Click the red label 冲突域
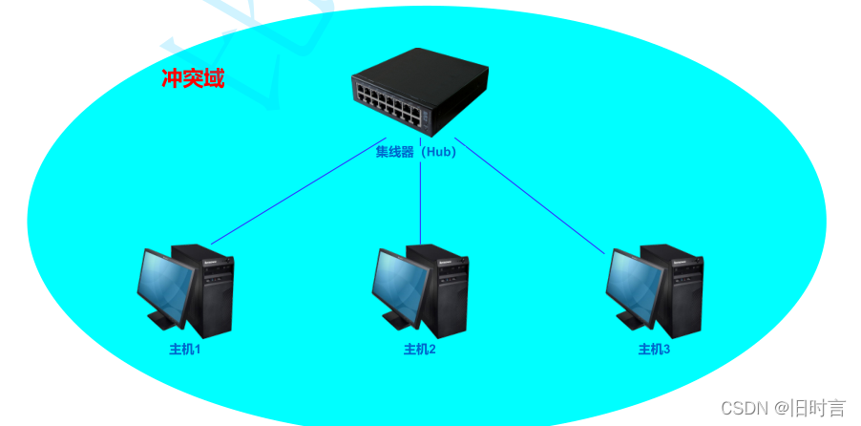click(193, 78)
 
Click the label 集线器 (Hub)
click(416, 151)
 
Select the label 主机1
click(185, 350)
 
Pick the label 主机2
click(419, 350)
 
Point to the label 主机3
click(654, 350)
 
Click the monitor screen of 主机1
click(164, 284)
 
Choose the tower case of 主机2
click(445, 291)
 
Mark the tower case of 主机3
click(679, 291)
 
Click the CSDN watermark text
click(745, 409)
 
